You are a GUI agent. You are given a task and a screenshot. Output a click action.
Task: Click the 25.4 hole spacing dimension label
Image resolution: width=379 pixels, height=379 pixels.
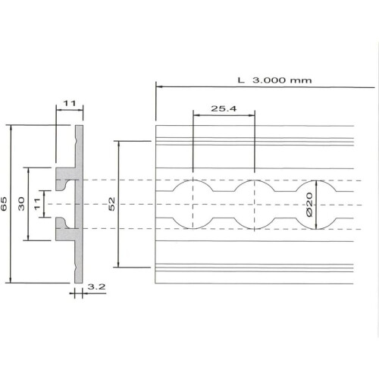point(224,108)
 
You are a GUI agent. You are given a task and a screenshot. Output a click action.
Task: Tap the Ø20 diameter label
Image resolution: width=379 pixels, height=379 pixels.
point(309,205)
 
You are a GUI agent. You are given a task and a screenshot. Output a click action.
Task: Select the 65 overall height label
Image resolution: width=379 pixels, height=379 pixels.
point(4,204)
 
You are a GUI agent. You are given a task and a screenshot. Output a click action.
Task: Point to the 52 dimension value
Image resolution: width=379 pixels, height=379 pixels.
point(111,204)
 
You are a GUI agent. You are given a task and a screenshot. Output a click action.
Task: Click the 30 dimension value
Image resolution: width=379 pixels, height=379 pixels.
point(21,204)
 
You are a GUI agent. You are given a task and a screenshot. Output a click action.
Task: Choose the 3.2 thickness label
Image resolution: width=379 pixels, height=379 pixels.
point(96,287)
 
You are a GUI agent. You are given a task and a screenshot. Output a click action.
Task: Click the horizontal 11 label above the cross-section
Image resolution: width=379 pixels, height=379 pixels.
point(69,103)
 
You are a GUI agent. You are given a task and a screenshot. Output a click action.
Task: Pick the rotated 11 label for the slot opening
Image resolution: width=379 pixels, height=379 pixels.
point(37,204)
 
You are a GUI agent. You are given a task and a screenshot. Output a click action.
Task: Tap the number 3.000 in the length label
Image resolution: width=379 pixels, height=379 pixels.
point(269,80)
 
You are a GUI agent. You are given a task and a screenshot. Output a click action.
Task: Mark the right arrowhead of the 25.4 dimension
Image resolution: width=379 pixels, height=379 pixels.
point(252,115)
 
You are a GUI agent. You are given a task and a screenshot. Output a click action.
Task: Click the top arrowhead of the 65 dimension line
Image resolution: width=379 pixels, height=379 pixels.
point(11,128)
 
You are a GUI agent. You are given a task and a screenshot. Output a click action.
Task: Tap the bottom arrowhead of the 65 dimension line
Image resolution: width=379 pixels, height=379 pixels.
point(11,280)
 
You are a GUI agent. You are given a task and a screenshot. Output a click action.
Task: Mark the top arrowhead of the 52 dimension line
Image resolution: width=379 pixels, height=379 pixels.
point(118,144)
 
